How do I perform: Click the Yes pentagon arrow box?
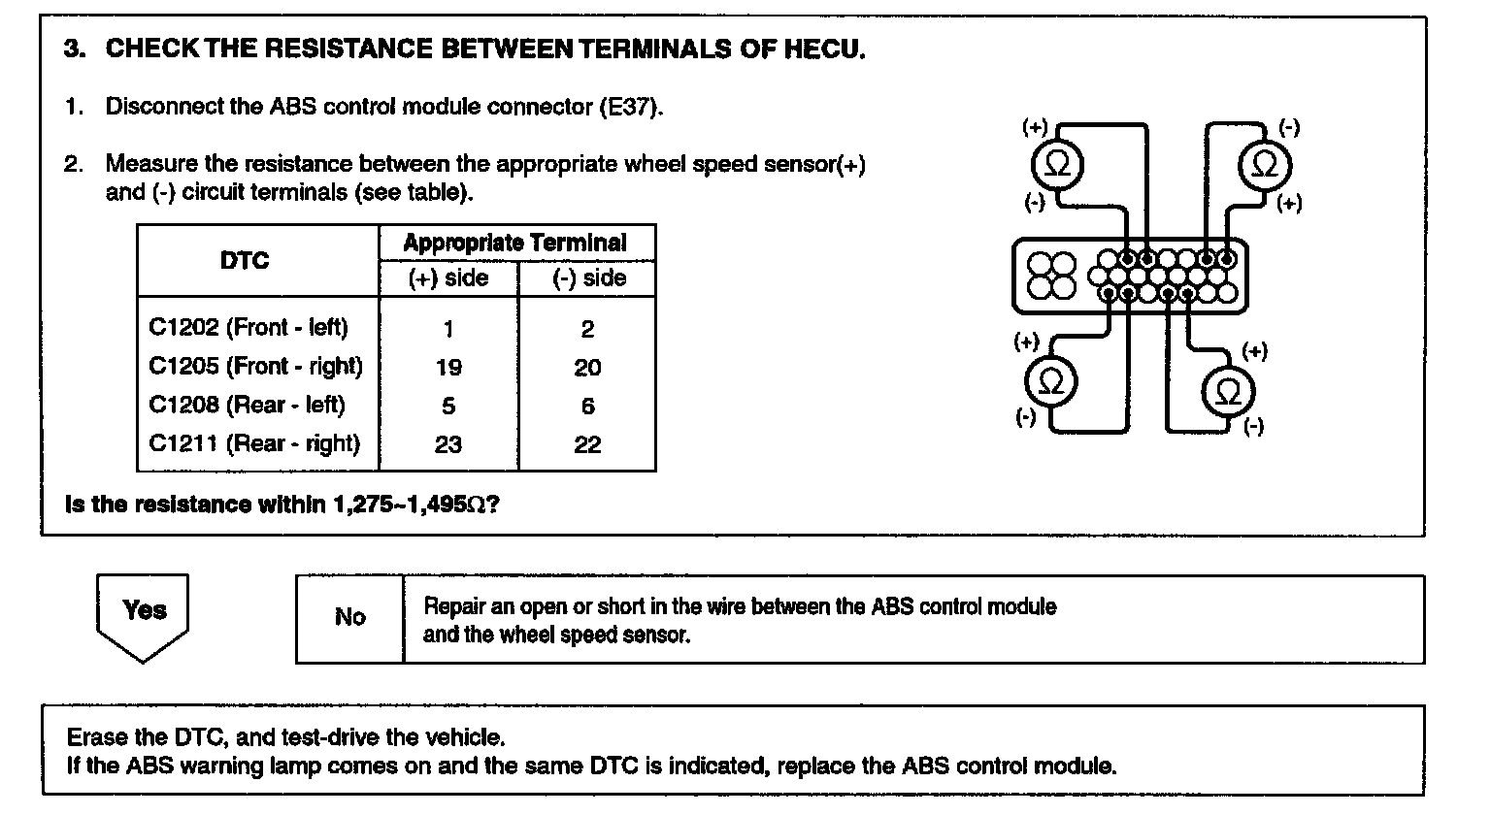[x=144, y=614]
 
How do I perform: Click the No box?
[x=349, y=618]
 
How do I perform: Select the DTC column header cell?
[x=245, y=261]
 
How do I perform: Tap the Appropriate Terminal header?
[x=514, y=243]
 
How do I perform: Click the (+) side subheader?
[x=447, y=278]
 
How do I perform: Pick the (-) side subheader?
[x=588, y=278]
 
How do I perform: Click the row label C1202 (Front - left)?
[x=248, y=328]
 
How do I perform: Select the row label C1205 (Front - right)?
[x=255, y=367]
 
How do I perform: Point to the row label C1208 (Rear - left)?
[x=247, y=406]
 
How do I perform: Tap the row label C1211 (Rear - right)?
[x=254, y=444]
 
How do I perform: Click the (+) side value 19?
[x=448, y=368]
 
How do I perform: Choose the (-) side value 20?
[x=587, y=368]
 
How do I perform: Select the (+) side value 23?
[x=448, y=445]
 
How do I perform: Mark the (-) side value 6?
[x=587, y=407]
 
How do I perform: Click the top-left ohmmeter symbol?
[x=1057, y=165]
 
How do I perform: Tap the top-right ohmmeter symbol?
[x=1265, y=165]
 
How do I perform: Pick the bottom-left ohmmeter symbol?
[x=1051, y=382]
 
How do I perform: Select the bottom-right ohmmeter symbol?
[x=1228, y=393]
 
